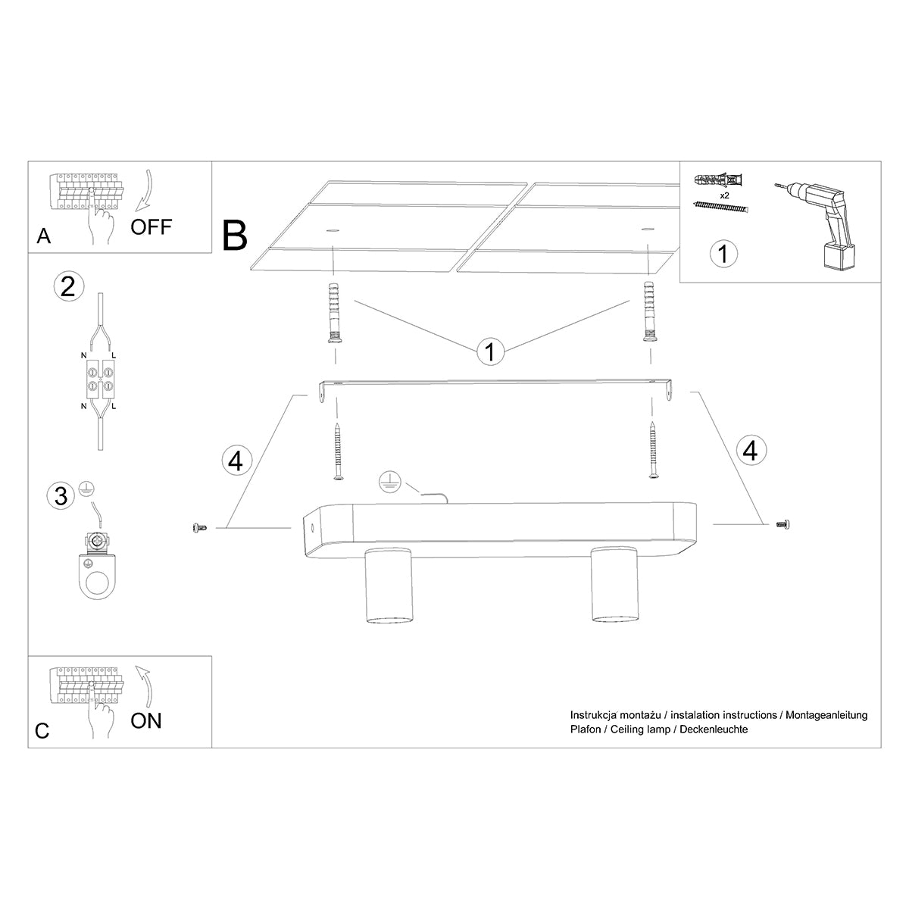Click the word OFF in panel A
click(x=151, y=226)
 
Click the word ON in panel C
click(x=146, y=720)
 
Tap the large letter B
click(x=236, y=235)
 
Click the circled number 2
click(x=67, y=287)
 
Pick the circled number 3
click(x=61, y=496)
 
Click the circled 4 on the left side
click(x=236, y=460)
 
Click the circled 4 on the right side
click(x=750, y=451)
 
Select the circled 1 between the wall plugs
click(x=490, y=351)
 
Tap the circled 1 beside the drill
click(x=723, y=253)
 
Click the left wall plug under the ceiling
click(x=333, y=313)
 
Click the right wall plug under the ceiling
click(x=648, y=311)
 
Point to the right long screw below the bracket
click(x=654, y=451)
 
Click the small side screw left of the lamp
click(x=200, y=527)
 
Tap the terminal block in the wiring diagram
click(x=98, y=380)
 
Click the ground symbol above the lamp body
click(x=391, y=481)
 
